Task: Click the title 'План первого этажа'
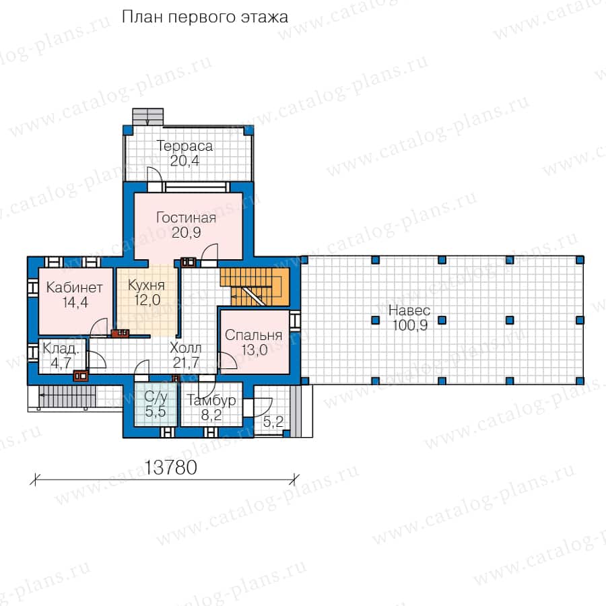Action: (205, 18)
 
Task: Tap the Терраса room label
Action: (184, 146)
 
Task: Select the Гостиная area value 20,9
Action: (187, 233)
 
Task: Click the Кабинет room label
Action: (74, 288)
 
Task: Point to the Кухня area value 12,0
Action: (147, 300)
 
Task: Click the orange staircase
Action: (255, 286)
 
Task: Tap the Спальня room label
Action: (254, 335)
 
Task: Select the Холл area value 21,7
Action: (187, 362)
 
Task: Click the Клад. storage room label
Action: (61, 349)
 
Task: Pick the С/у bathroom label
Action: (156, 397)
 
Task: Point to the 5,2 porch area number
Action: (273, 422)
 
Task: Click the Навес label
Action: (409, 310)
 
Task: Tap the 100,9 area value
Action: (410, 325)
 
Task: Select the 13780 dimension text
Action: (170, 468)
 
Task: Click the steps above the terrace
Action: (148, 116)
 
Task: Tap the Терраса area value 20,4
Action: (184, 161)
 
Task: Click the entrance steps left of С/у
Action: (67, 395)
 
